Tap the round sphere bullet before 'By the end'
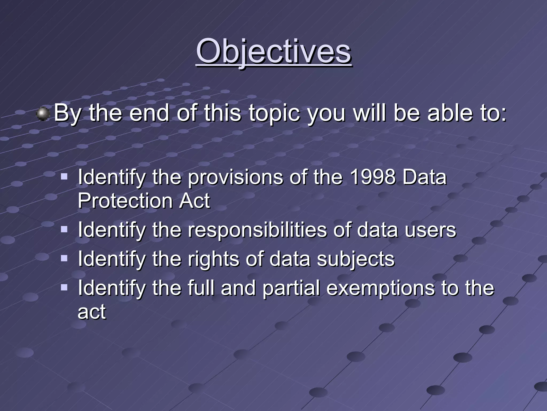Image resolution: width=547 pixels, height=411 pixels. (43, 114)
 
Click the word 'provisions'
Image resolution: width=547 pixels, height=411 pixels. (235, 178)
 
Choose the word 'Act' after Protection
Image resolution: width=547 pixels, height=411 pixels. (194, 201)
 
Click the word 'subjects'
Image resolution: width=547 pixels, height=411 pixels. (355, 259)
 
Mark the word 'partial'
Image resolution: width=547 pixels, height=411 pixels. (291, 288)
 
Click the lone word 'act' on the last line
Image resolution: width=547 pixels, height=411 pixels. (92, 312)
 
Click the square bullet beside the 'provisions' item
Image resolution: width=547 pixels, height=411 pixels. (64, 176)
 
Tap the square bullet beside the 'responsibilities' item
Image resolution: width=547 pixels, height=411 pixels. (64, 229)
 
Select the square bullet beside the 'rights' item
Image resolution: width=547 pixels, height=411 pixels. (64, 258)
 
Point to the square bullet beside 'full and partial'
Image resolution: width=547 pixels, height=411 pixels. (64, 287)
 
